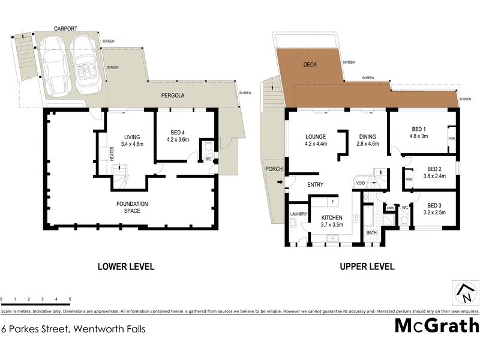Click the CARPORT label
point(65,28)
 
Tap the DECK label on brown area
point(310,64)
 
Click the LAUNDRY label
point(298,214)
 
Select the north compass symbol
point(465,293)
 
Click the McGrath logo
point(436,326)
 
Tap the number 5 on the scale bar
point(70,299)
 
